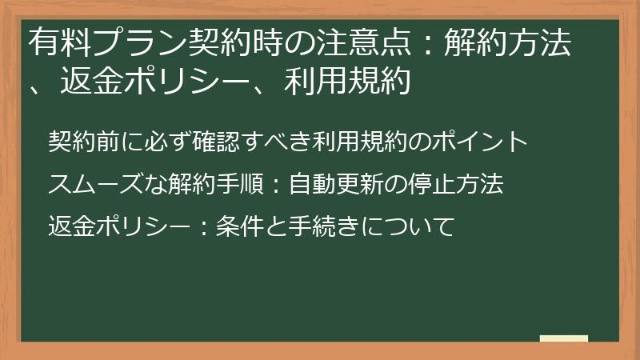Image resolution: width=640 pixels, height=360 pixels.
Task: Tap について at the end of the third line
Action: (x=409, y=227)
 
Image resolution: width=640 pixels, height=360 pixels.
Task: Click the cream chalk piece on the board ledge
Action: (x=564, y=338)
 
